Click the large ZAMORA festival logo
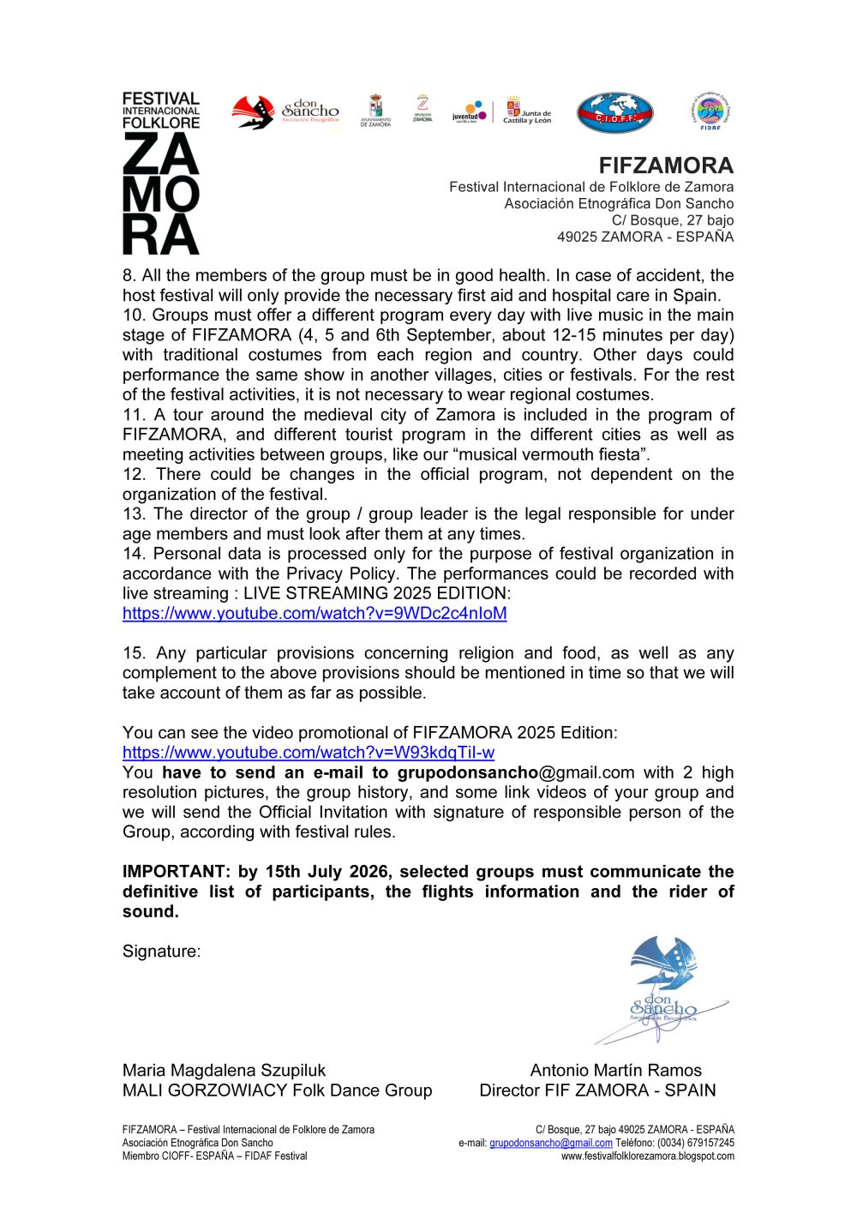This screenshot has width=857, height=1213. coord(161,173)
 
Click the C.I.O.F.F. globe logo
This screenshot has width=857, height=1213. coord(614,113)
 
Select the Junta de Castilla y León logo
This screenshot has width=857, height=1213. coord(526,111)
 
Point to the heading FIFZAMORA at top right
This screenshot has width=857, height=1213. coord(666,165)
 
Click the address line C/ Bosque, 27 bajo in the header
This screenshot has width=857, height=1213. coord(672,220)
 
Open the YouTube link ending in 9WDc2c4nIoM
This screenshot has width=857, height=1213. coord(315,613)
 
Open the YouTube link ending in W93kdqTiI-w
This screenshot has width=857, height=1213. coord(309,753)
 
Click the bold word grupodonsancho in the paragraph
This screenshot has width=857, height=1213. coord(467,772)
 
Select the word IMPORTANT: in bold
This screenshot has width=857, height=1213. coord(177,872)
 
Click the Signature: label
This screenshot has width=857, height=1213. coord(161,952)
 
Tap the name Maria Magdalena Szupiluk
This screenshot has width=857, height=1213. coord(224,1071)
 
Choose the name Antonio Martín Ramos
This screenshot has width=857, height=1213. coord(615,1071)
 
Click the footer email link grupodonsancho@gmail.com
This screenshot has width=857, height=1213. coord(550,1144)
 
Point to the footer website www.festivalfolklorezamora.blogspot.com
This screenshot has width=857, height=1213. coord(647,1156)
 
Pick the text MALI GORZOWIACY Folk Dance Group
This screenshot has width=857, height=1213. coord(277,1090)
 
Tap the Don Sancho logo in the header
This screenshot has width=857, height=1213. coord(286,111)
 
